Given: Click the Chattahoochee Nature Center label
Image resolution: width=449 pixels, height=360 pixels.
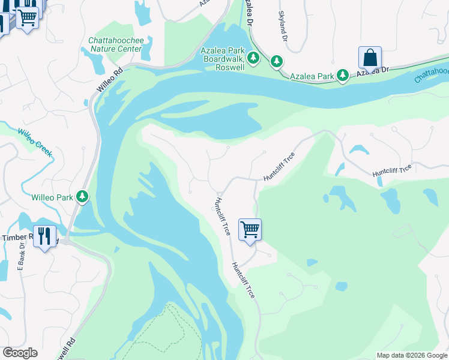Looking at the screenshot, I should [x=115, y=44].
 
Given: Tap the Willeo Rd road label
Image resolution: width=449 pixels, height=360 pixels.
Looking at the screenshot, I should [x=110, y=80].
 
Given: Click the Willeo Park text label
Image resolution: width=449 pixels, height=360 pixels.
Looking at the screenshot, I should [x=51, y=196].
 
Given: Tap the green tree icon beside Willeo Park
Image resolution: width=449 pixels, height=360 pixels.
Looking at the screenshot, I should [x=82, y=196].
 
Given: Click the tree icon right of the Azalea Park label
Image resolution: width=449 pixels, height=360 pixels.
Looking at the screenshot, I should [x=342, y=76].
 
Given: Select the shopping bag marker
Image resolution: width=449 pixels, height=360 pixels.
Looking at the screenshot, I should [x=370, y=59].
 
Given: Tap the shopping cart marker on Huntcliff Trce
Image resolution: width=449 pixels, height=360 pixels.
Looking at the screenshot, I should [x=250, y=230].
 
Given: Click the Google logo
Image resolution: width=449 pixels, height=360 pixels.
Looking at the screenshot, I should [x=20, y=353].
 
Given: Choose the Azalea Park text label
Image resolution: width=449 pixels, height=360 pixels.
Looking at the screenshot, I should [x=312, y=76].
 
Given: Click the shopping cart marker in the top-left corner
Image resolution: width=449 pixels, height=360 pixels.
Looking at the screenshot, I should [x=26, y=17].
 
